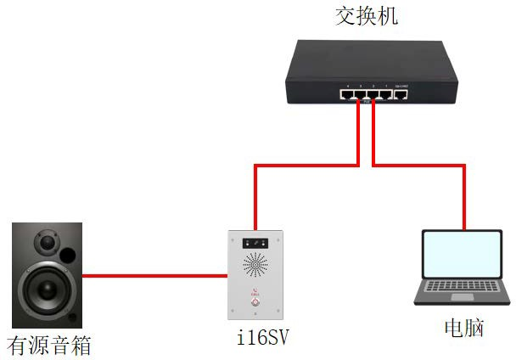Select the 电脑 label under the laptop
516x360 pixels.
tap(463, 327)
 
